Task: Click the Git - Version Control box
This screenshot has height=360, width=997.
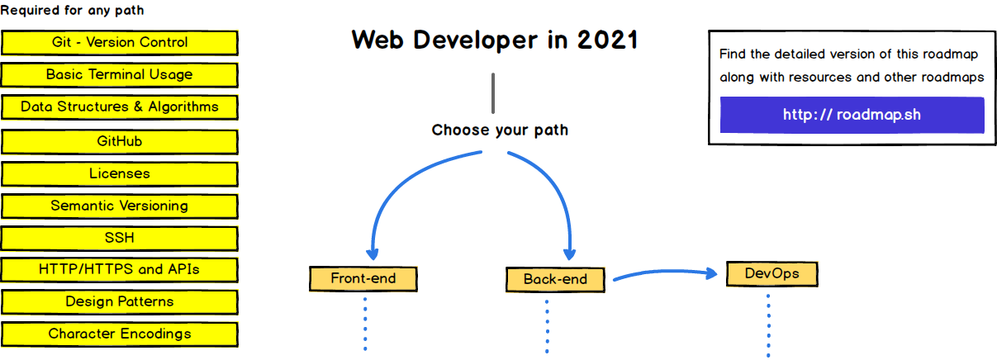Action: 120,42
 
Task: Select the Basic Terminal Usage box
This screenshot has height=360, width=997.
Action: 120,74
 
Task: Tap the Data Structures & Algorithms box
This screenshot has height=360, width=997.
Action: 120,107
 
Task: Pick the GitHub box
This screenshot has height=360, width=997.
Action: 120,141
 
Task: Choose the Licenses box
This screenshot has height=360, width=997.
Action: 120,173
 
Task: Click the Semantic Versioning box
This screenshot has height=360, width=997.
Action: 120,206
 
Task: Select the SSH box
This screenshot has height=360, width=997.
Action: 120,238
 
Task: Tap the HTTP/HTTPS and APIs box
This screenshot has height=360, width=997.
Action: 120,269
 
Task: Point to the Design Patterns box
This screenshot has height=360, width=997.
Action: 120,301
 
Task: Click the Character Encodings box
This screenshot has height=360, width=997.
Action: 120,334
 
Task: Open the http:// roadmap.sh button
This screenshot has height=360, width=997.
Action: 852,115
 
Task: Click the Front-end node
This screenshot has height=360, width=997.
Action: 363,278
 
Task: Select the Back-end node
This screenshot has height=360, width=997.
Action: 555,279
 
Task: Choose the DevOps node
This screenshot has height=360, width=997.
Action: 771,273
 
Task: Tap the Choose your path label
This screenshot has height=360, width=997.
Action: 500,130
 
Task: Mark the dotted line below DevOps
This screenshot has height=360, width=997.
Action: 768,326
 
